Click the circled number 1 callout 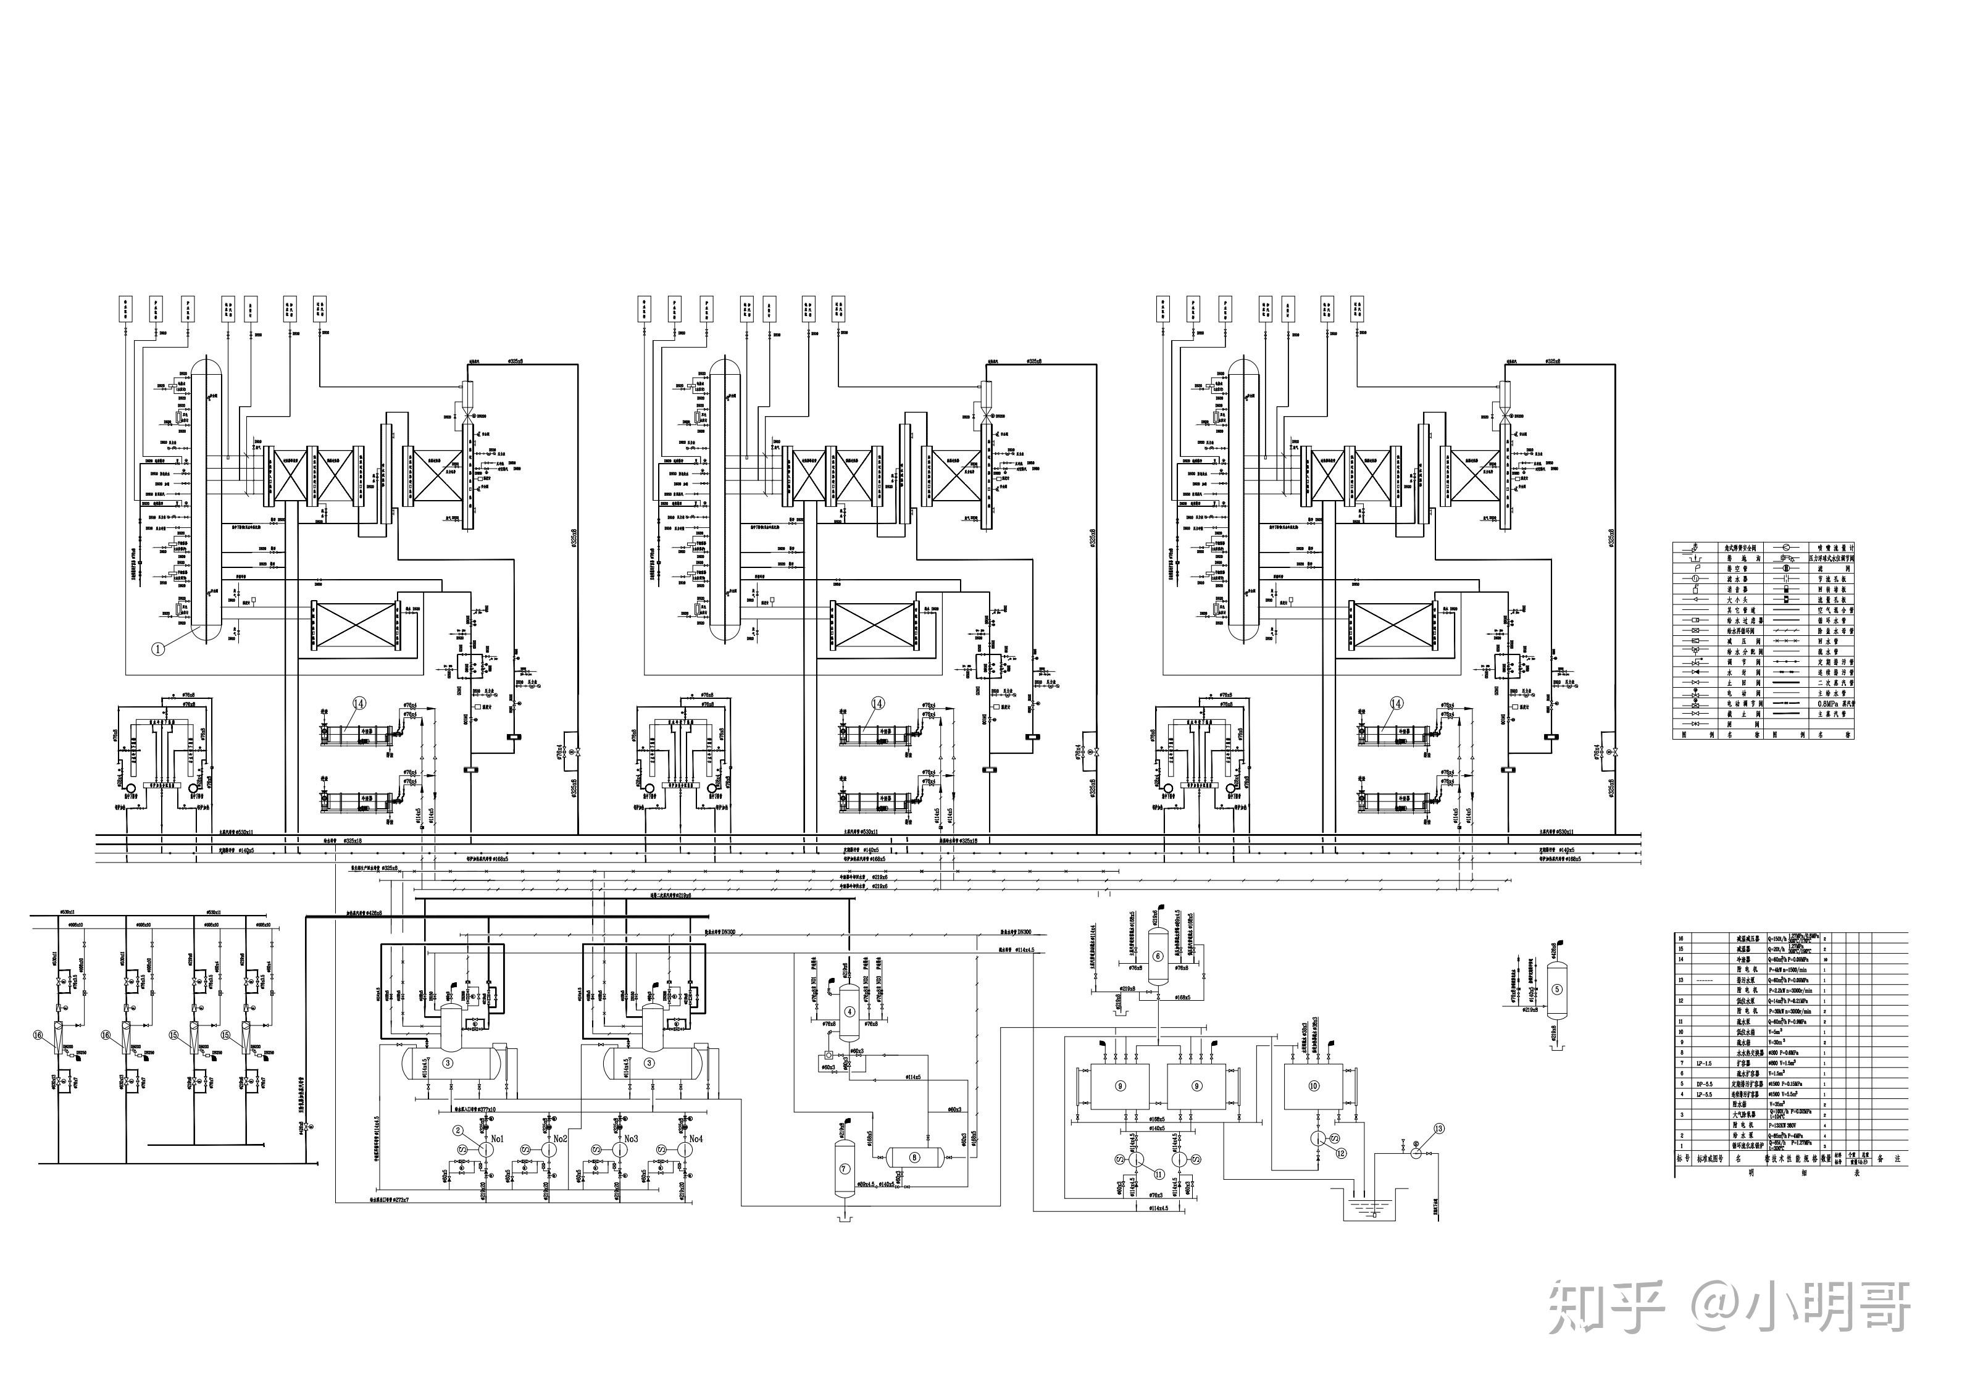point(157,649)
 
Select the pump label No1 point(498,1139)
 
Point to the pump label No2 point(560,1139)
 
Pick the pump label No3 point(631,1139)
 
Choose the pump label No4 point(696,1139)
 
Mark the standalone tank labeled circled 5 point(1556,990)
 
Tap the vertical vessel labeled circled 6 point(1158,956)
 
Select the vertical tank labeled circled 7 point(845,1169)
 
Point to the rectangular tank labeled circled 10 point(1313,1086)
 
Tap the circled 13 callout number point(1439,1129)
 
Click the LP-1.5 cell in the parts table point(1704,1064)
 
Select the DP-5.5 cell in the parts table point(1704,1084)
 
